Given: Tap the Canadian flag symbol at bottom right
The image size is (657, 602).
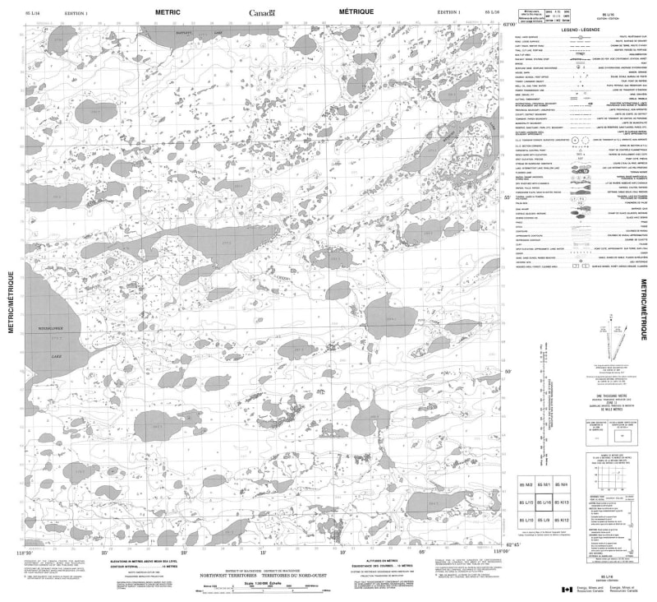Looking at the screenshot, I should tap(566, 589).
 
